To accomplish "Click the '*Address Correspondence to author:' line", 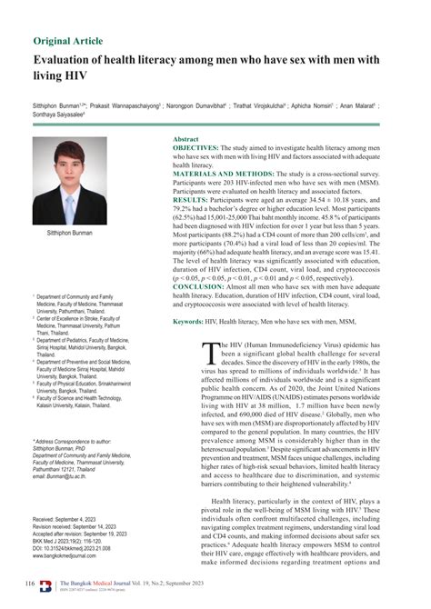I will [76, 441].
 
